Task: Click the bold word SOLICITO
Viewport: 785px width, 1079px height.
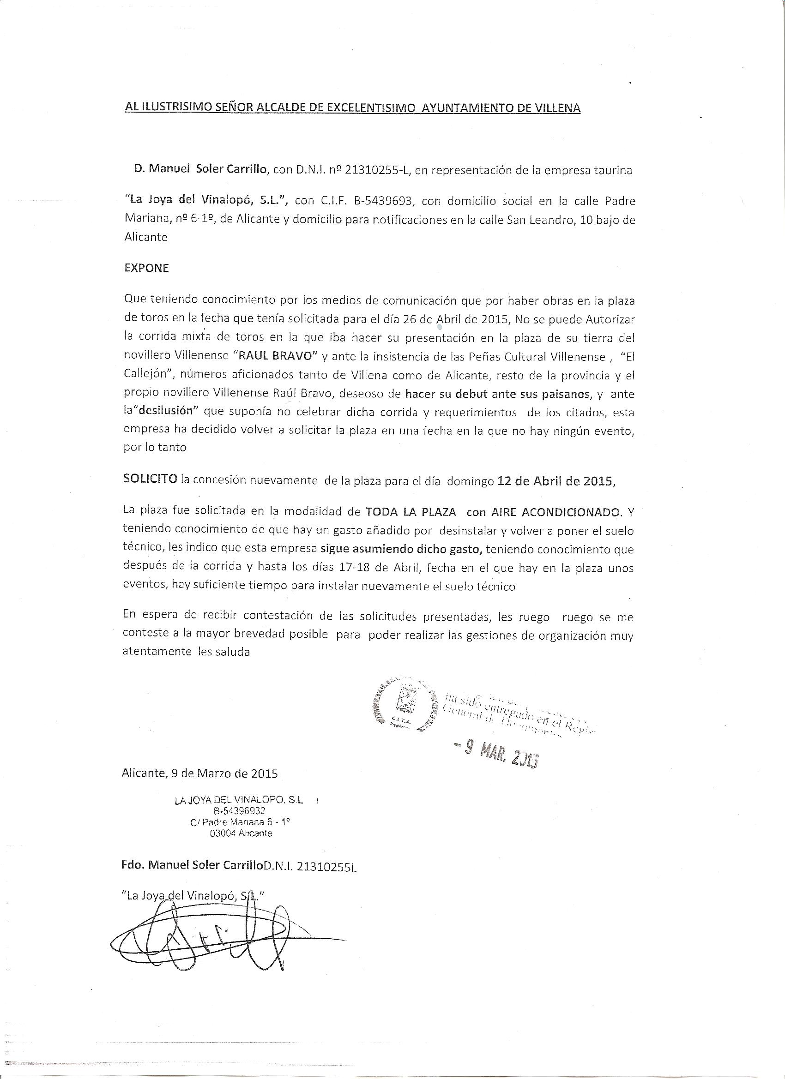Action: (151, 480)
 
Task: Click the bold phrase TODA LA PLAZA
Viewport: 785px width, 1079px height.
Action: (411, 512)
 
